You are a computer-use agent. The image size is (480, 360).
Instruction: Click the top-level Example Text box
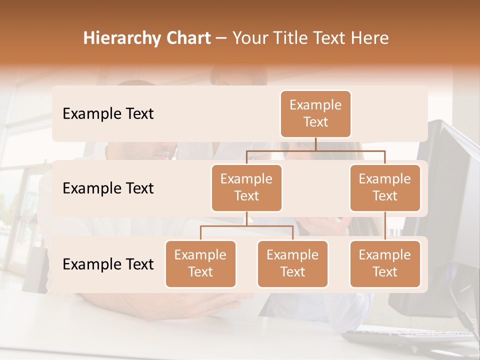point(315,113)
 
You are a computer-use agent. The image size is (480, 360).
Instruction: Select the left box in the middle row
point(246,187)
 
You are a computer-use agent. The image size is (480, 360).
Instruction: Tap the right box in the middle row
point(385,187)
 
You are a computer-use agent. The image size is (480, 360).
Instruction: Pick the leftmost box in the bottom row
point(200,263)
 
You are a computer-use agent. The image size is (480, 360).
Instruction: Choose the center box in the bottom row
point(292,263)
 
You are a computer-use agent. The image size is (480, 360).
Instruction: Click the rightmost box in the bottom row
point(385,263)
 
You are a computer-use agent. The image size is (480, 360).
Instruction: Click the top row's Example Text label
point(108,113)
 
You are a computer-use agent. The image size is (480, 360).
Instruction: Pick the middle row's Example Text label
point(108,188)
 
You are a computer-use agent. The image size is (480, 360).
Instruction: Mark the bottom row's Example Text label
point(108,264)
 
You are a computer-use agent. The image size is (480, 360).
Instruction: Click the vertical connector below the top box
point(315,144)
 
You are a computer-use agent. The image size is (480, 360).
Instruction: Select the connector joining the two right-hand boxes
point(385,226)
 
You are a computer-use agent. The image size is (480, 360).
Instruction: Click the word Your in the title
point(249,38)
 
